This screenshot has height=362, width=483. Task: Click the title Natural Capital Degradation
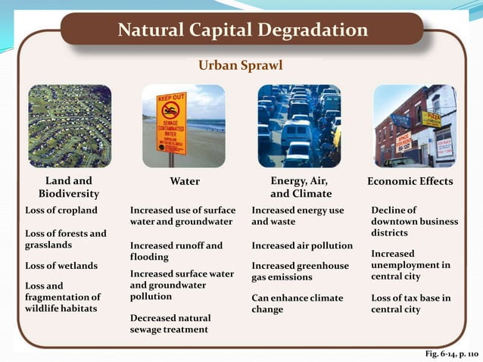(243, 30)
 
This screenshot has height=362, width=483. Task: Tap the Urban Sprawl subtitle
(240, 66)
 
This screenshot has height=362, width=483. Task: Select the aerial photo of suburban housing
(70, 126)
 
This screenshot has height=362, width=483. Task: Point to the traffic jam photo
(298, 126)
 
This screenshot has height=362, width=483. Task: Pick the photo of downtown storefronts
(414, 126)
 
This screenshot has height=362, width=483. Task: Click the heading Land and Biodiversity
(69, 188)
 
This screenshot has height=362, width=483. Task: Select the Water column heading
(185, 182)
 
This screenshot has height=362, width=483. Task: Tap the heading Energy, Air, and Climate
(299, 188)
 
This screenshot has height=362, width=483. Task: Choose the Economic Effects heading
(410, 182)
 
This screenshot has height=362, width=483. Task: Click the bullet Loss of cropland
(61, 210)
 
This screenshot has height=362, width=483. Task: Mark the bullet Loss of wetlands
(61, 266)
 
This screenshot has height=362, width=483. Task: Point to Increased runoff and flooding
(176, 251)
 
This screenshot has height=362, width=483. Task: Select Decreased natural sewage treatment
(170, 324)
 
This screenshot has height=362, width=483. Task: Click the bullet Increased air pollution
(302, 246)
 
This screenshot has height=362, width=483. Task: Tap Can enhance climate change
(297, 304)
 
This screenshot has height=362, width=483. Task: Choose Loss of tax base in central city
(410, 304)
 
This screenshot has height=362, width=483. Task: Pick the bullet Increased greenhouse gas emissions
(300, 272)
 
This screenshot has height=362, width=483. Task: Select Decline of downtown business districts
(414, 221)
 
